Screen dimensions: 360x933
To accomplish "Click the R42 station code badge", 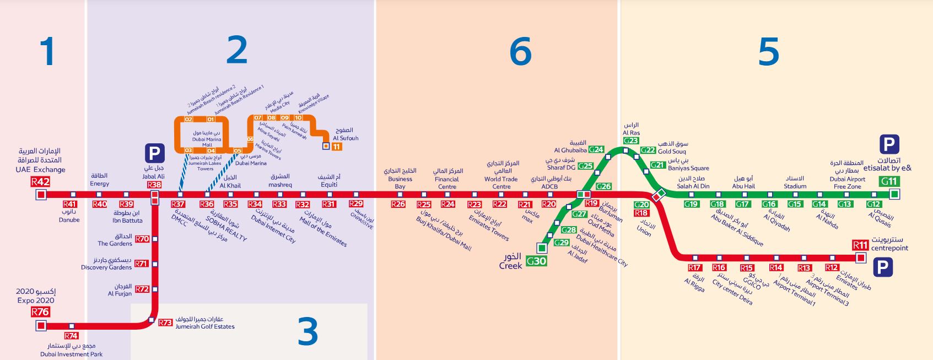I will click(x=40, y=181).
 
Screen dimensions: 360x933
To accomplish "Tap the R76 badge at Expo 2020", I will click(x=40, y=311).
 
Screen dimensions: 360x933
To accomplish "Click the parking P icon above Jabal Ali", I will click(x=155, y=153).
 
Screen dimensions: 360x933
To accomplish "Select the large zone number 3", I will click(x=308, y=331).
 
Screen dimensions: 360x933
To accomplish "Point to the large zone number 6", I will click(x=520, y=52).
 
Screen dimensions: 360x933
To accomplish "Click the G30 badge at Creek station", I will click(x=536, y=261).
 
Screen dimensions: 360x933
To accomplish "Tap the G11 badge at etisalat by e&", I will click(x=889, y=181).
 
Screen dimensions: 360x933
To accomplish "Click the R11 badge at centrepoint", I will click(x=860, y=245).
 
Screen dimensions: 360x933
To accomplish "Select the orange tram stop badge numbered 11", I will click(x=336, y=147).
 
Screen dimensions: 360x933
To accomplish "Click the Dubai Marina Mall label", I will click(x=207, y=139).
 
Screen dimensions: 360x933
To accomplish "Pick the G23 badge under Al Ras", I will click(x=631, y=141).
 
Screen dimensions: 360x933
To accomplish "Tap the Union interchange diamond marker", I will click(x=658, y=195).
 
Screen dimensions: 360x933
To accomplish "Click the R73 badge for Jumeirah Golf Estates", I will click(x=165, y=323).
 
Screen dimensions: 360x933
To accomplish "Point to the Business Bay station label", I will click(x=400, y=182).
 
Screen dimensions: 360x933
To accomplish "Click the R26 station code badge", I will click(x=398, y=205).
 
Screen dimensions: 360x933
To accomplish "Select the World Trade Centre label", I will click(x=501, y=182).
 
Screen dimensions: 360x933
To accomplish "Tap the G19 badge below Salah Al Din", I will click(x=691, y=204).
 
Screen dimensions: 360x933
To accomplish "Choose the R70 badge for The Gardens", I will click(x=142, y=239).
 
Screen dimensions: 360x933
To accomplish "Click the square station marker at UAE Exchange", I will click(x=40, y=195).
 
